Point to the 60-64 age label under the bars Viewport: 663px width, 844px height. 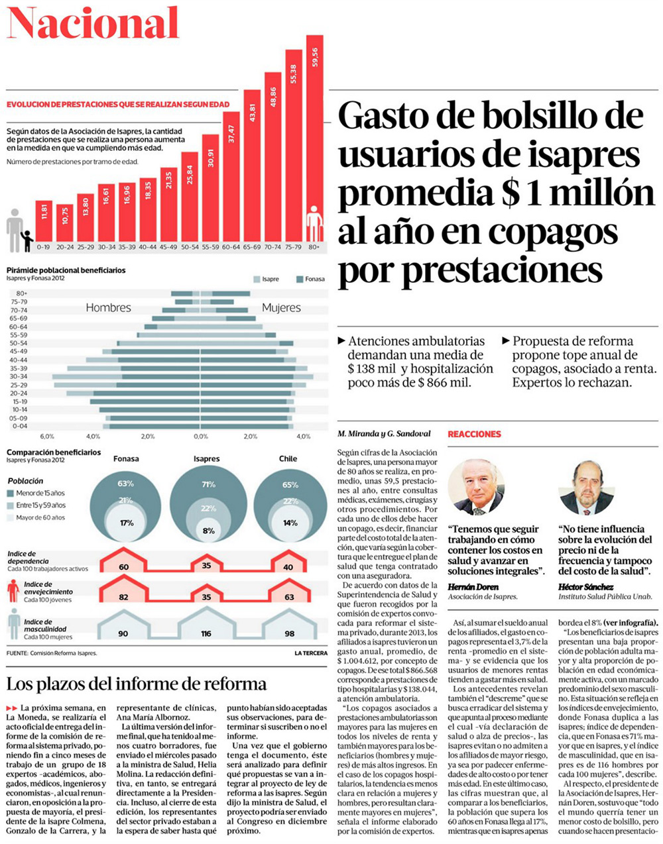point(231,247)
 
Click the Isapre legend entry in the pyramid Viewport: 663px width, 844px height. point(266,279)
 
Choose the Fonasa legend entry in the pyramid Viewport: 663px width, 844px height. point(310,279)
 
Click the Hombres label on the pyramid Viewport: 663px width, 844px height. point(108,307)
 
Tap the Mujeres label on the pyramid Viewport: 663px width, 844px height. point(281,307)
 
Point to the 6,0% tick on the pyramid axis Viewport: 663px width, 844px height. point(46,437)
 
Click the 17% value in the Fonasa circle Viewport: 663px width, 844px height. point(126,523)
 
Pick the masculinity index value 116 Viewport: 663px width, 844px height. point(206,634)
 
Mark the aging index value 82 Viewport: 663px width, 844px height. point(123,597)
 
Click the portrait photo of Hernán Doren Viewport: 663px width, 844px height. point(475,487)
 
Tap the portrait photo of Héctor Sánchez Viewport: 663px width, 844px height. point(586,488)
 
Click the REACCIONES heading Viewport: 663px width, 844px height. point(474,434)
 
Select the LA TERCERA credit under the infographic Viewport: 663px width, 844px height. point(311,653)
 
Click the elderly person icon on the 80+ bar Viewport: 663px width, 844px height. point(314,223)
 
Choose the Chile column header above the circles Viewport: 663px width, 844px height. point(288,458)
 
